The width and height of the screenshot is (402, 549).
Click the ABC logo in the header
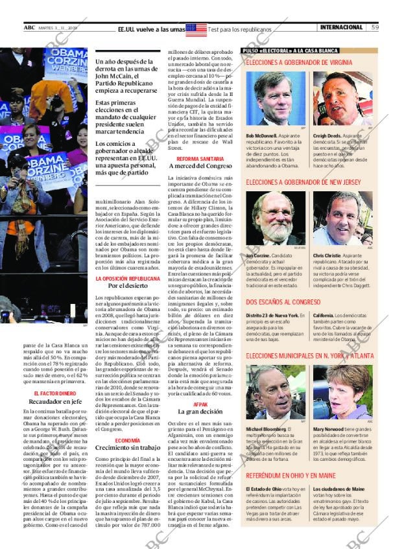(29, 27)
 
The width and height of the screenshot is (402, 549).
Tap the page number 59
(375, 27)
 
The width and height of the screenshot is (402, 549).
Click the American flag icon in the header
(196, 29)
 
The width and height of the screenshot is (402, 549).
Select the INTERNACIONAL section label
(341, 27)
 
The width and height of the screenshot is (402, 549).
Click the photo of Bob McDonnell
(276, 99)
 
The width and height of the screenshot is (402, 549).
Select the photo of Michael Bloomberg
(276, 393)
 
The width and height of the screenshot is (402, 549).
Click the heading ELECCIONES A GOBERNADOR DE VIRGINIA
(299, 63)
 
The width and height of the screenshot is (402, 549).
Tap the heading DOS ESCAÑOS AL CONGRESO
(283, 302)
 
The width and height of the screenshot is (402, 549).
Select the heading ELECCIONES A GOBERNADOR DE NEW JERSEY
(303, 183)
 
